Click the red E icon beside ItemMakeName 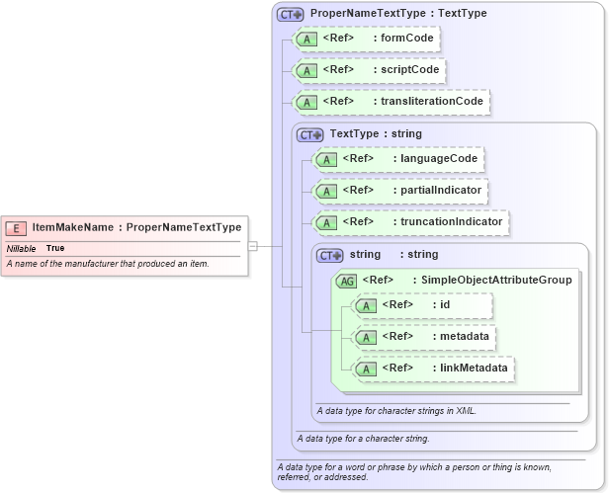coord(17,227)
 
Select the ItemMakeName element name coord(73,227)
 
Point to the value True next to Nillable coord(55,248)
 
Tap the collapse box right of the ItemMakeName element coord(253,246)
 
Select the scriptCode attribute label coord(409,70)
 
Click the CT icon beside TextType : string coord(310,134)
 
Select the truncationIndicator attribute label coord(449,221)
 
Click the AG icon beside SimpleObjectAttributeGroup coord(347,281)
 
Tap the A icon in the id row coord(367,305)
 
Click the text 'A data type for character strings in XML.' coord(396,410)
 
